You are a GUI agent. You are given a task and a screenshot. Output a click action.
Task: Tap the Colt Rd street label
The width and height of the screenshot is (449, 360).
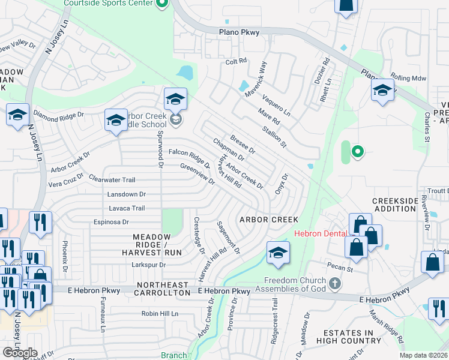[236, 61]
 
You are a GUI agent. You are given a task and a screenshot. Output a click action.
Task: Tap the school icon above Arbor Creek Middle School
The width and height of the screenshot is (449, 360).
[176, 100]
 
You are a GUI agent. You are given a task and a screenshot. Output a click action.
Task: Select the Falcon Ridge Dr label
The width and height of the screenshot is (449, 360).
[189, 158]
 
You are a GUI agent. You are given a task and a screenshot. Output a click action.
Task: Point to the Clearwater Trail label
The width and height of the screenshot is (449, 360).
[112, 179]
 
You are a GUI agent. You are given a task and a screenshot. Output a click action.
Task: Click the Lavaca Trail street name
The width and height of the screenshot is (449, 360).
[127, 208]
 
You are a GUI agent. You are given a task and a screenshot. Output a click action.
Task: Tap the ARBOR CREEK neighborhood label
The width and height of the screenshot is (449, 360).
[269, 220]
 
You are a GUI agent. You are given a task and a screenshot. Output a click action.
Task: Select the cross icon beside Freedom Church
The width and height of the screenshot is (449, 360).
[335, 282]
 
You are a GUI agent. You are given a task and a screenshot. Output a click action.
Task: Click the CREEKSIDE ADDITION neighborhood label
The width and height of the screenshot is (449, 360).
[394, 205]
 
